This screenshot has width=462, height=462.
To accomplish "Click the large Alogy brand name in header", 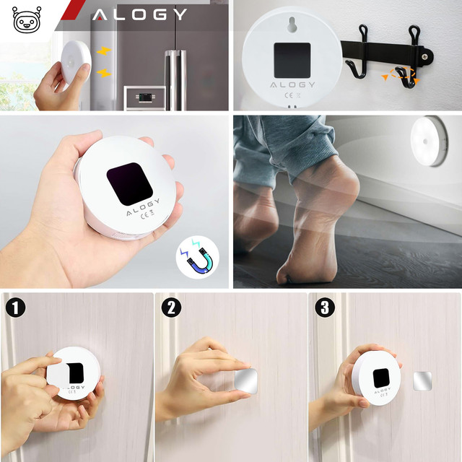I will click(139, 14).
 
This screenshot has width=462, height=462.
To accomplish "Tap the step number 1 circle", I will click(15, 308).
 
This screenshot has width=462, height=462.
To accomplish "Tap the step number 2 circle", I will click(170, 308).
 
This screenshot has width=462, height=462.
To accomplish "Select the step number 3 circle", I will click(326, 308).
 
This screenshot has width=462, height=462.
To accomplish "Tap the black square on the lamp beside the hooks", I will click(292, 60).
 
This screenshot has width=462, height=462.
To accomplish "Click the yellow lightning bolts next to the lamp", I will click(104, 62).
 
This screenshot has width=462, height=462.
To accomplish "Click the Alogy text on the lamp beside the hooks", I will click(292, 84).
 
